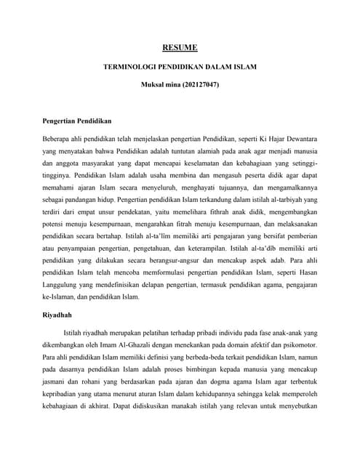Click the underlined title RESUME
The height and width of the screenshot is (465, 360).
click(180, 48)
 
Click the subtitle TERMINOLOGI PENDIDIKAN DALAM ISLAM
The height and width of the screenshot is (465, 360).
click(180, 67)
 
